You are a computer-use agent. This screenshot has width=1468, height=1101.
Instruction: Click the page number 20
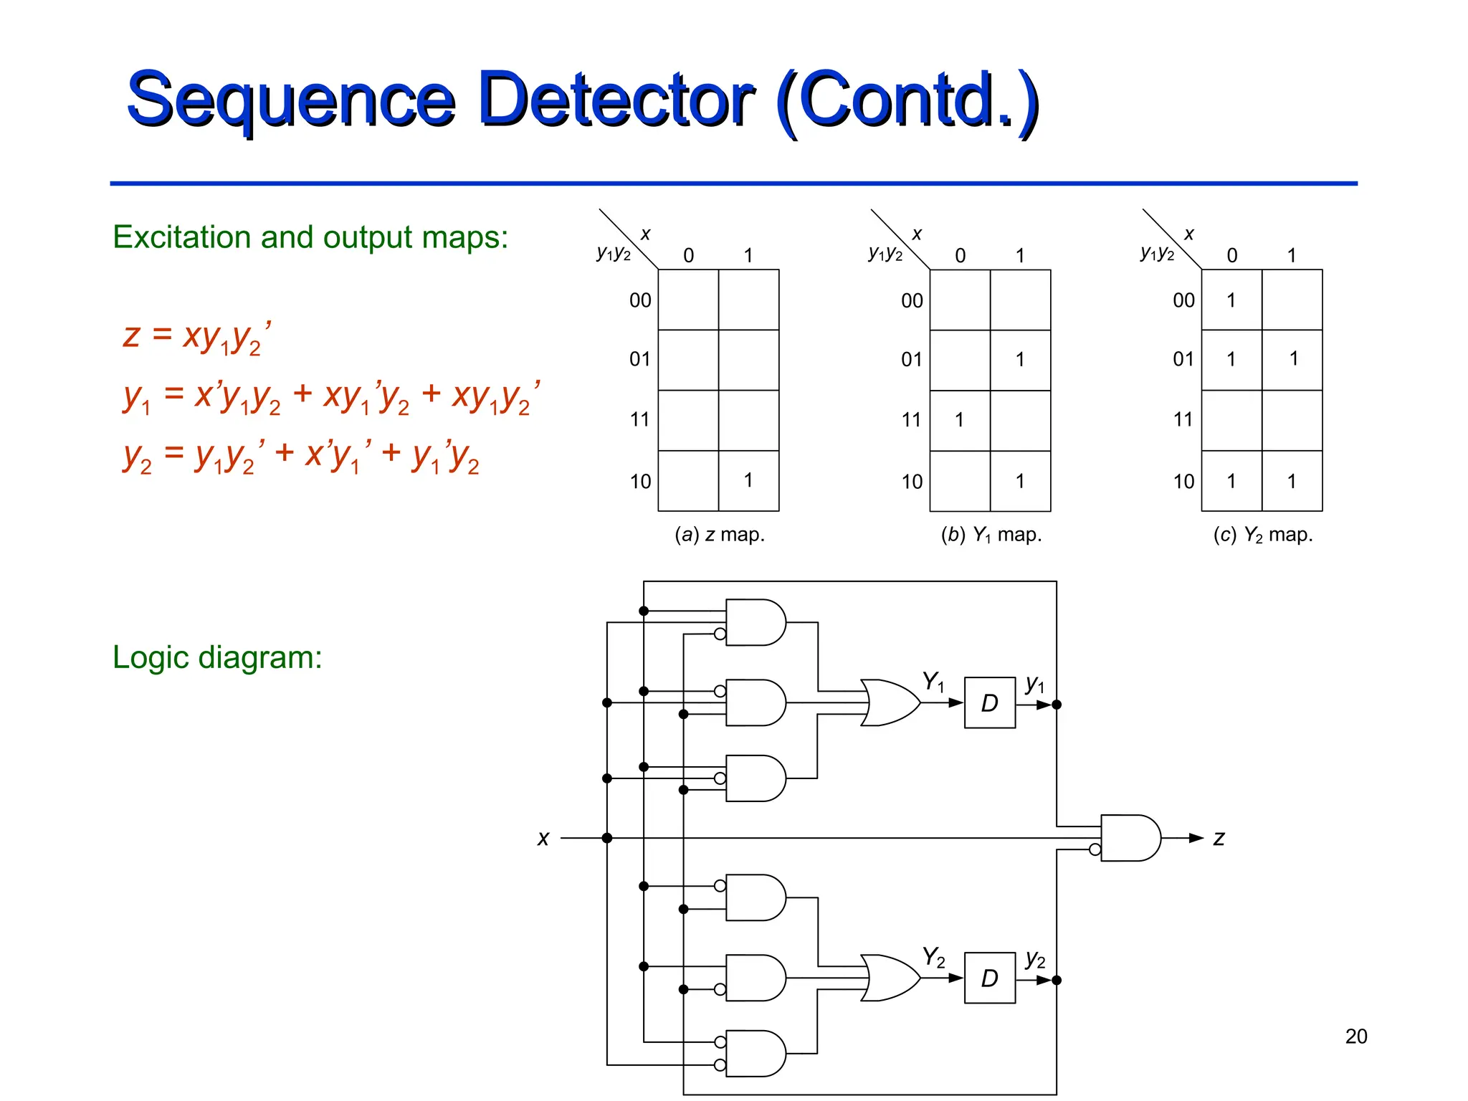coord(1355,1036)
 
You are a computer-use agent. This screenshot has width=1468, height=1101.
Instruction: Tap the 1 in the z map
coord(748,480)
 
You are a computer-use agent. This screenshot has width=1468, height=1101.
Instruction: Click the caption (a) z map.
coord(720,535)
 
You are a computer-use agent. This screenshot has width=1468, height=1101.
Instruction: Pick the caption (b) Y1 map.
coord(991,535)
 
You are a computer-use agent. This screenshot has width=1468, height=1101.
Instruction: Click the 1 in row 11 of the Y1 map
coord(959,420)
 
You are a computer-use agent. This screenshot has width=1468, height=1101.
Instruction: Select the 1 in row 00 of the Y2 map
coord(1231,300)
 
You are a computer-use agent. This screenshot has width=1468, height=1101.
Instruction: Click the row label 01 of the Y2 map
coord(1183,359)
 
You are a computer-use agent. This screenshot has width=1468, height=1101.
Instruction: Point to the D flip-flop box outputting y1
coord(989,703)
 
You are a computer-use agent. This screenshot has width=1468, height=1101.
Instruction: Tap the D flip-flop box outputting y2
coord(989,978)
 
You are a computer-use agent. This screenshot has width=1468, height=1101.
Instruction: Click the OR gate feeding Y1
coord(889,703)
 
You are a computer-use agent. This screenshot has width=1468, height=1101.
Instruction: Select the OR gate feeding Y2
coord(889,978)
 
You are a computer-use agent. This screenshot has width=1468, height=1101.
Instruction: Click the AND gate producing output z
coord(1129,838)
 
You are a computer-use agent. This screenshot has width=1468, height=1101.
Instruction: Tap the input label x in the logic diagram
coord(543,838)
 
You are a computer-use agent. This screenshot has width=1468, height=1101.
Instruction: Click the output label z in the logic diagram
coord(1219,838)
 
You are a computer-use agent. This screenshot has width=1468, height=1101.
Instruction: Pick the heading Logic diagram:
coord(217,657)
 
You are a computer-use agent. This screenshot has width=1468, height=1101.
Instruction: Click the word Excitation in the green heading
coord(182,237)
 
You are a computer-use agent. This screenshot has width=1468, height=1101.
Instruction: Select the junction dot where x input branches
coord(607,838)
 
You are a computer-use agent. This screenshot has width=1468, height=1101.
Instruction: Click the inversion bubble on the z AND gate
coord(1095,850)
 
